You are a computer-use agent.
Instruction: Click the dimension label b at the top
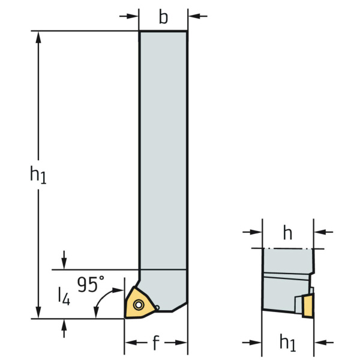(x=163, y=17)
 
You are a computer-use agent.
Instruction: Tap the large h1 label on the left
(x=38, y=175)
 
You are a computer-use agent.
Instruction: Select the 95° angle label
(x=91, y=284)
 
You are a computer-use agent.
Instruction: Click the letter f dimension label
(x=156, y=343)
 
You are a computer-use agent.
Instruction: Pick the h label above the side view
(x=287, y=232)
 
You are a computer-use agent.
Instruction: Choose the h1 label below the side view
(x=288, y=343)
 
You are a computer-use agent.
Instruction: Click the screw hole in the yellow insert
(x=139, y=305)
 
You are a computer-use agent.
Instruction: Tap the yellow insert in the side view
(x=308, y=306)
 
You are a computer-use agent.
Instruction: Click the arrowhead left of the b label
(x=133, y=16)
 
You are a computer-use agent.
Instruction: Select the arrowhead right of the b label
(x=194, y=16)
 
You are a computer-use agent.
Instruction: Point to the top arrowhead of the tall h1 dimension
(x=38, y=37)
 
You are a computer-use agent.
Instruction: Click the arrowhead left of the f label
(x=131, y=343)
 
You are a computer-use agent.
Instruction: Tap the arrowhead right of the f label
(x=181, y=343)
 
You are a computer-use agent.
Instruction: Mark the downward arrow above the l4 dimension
(x=64, y=260)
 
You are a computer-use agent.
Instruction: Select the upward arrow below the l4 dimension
(x=64, y=328)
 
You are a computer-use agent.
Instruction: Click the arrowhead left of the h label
(x=256, y=232)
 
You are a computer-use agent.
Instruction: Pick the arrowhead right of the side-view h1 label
(x=320, y=343)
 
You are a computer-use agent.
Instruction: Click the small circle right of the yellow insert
(x=157, y=307)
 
